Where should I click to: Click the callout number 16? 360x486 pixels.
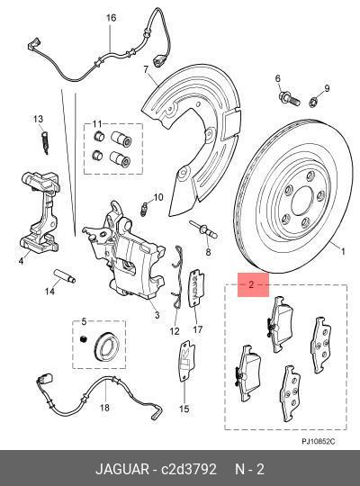tap(111, 18)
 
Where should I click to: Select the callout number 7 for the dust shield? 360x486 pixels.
tap(147, 69)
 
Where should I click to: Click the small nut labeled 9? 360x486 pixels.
tap(313, 102)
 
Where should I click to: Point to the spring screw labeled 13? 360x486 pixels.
tap(45, 142)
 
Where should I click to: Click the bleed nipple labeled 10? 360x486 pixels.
tap(144, 209)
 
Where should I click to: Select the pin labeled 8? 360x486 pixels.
tap(203, 230)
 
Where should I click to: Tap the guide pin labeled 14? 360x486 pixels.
tap(65, 276)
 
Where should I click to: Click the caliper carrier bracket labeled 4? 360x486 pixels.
tap(40, 211)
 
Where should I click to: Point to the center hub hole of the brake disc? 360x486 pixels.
tap(302, 201)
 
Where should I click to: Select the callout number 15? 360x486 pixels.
tap(184, 409)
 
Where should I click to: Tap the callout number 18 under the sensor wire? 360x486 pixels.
tap(104, 408)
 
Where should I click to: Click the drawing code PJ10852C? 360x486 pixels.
tap(319, 441)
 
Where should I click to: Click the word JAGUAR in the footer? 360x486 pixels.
tap(122, 469)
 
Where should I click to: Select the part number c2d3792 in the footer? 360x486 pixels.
tap(188, 469)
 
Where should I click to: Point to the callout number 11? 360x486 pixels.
tap(97, 124)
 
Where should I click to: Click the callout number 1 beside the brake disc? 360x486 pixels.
tap(343, 251)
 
